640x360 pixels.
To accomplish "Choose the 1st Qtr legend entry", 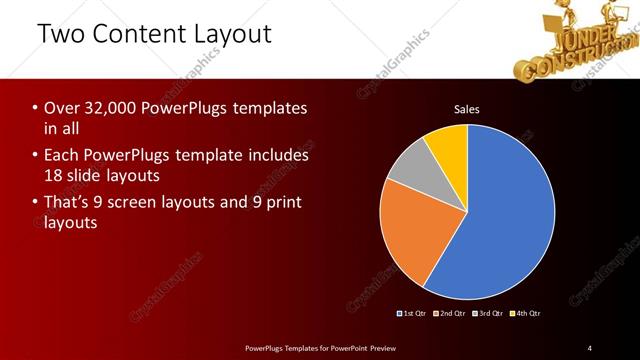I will [x=413, y=314].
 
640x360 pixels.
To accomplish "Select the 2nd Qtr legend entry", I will [x=450, y=314].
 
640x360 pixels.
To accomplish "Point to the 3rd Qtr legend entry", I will [x=488, y=314].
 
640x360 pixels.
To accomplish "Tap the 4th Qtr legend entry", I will [x=526, y=314].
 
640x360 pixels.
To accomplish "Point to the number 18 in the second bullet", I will [x=53, y=176].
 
